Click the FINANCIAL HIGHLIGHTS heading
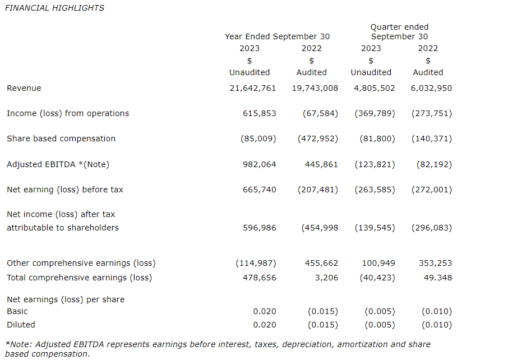54,8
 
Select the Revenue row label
24,88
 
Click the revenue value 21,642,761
253,88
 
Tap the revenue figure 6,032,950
428,88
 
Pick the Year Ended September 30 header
277,36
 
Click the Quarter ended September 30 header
399,31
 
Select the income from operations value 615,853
259,113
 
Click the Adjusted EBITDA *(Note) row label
58,164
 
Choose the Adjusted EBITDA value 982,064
259,164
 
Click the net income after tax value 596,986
259,228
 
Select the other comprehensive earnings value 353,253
435,263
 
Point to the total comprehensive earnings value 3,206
327,278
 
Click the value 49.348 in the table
437,278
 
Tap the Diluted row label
21,325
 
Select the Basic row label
17,311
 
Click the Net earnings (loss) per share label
66,299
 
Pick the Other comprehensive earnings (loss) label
81,263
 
